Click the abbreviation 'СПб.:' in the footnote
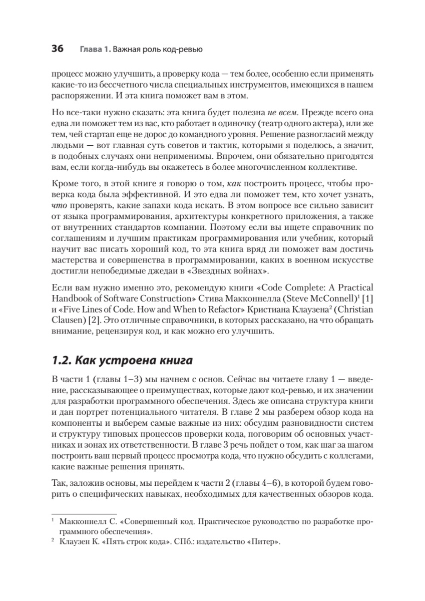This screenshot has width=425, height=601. (x=179, y=542)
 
